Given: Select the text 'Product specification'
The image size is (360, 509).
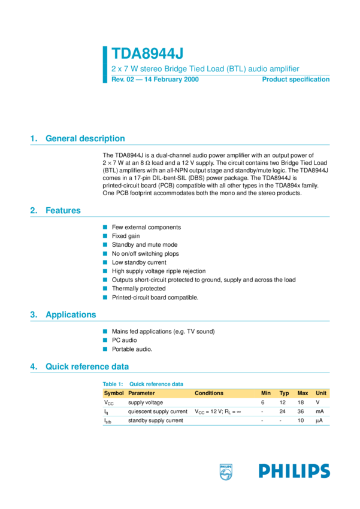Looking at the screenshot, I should click(x=295, y=80).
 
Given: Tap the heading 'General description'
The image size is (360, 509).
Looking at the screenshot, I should click(x=85, y=138).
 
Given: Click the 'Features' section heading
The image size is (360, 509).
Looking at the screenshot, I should click(x=63, y=210).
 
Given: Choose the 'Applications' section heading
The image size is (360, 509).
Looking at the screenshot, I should click(x=71, y=314).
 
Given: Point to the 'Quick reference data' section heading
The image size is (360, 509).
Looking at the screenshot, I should click(x=87, y=366).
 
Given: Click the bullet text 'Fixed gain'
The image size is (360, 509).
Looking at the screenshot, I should click(x=126, y=236).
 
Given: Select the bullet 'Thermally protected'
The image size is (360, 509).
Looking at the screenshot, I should click(x=138, y=289).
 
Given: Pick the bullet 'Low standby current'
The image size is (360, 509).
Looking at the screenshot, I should click(x=139, y=262).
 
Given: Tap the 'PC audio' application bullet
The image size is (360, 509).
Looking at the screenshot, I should click(x=124, y=340).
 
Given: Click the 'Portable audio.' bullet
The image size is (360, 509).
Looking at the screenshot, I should click(x=132, y=349).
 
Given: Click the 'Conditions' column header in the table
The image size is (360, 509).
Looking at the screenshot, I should click(x=209, y=393).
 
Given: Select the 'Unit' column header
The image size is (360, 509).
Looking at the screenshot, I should click(x=321, y=393).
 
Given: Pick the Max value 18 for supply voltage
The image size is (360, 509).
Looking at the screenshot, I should click(x=301, y=402).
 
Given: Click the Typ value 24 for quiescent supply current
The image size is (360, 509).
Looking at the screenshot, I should click(x=282, y=412).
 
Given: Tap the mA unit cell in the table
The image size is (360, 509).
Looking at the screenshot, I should click(x=320, y=412).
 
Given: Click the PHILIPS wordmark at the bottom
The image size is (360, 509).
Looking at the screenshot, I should click(x=294, y=471).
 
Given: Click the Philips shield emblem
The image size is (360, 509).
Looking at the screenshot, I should click(x=226, y=472).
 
